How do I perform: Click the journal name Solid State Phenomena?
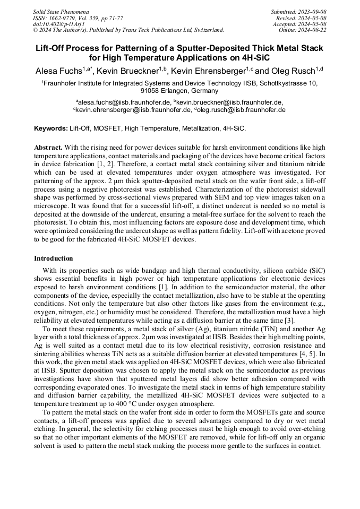click(61, 11)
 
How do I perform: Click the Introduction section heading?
click(53, 258)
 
